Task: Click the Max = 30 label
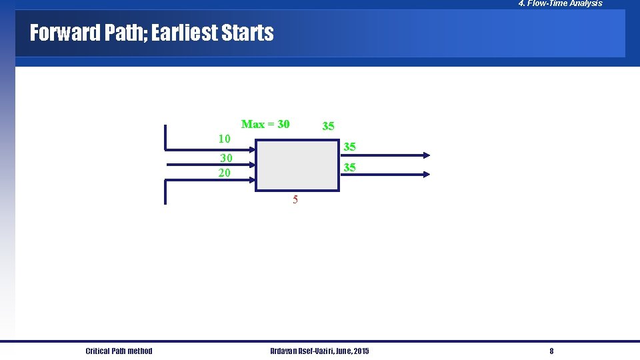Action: (x=265, y=124)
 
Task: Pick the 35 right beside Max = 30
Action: (x=328, y=126)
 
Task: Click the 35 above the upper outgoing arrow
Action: (x=349, y=147)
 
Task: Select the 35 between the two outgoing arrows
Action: (x=349, y=167)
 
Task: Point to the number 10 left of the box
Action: (x=225, y=139)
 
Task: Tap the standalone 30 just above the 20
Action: (x=227, y=158)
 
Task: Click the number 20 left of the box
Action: (x=225, y=173)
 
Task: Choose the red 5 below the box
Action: (x=295, y=199)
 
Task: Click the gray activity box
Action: (x=297, y=165)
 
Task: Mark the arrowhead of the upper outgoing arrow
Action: (x=427, y=155)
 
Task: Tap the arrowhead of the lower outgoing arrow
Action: (x=427, y=174)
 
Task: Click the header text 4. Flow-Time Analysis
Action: (x=560, y=3)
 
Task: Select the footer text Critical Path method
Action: (x=119, y=351)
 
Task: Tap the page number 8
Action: (x=551, y=351)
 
